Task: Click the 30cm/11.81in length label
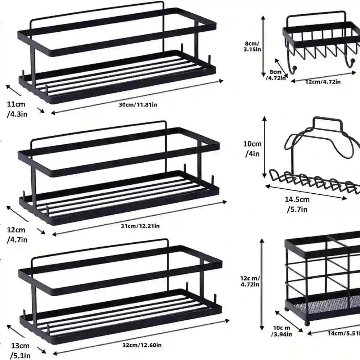(x=138, y=104)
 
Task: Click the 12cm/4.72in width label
(x=323, y=82)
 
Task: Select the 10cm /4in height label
(x=253, y=148)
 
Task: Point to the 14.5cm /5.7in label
(x=297, y=204)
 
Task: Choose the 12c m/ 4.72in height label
(x=251, y=282)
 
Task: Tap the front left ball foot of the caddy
(x=307, y=323)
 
